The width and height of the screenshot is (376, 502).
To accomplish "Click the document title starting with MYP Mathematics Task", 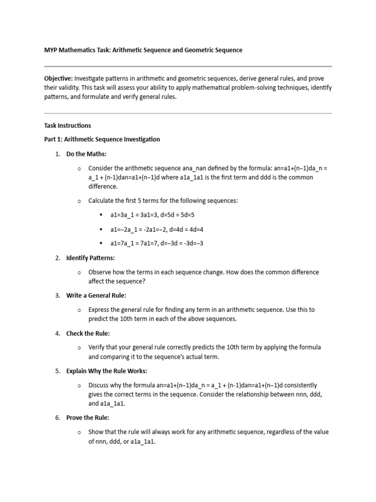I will (143, 50).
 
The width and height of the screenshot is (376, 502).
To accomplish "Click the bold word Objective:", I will (58, 78).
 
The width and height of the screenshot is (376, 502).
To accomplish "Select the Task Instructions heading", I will (68, 125).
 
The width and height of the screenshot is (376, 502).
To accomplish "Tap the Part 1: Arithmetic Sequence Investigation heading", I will (102, 139).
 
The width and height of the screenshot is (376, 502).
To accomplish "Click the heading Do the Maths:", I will (86, 154).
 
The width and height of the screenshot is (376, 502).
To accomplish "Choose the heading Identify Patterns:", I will (91, 258).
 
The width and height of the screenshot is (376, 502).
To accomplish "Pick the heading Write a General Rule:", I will (96, 295).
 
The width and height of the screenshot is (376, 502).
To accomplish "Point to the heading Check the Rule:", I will (88, 333).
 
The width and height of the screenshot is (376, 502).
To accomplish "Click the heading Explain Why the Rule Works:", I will (106, 371).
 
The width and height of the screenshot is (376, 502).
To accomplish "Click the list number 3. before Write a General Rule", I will (57, 295).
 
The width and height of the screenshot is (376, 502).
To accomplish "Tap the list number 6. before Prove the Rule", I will (57, 418).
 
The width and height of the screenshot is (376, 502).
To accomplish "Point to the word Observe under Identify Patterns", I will (100, 272).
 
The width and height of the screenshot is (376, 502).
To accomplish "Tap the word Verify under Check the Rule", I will (97, 347).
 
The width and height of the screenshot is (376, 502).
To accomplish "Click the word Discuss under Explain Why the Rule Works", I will (99, 385).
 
